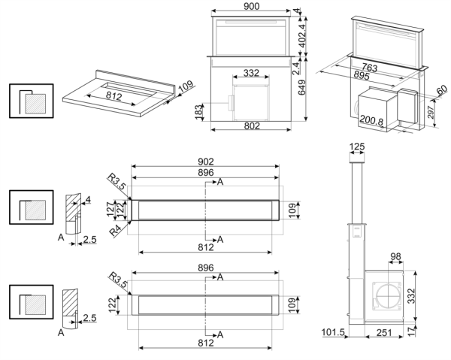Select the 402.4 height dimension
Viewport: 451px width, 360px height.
point(303,34)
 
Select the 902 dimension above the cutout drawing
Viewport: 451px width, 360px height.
point(206,161)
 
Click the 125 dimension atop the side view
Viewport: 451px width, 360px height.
point(357,145)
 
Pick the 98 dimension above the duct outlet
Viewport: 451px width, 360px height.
point(395,258)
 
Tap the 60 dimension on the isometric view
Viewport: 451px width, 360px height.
point(442,91)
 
